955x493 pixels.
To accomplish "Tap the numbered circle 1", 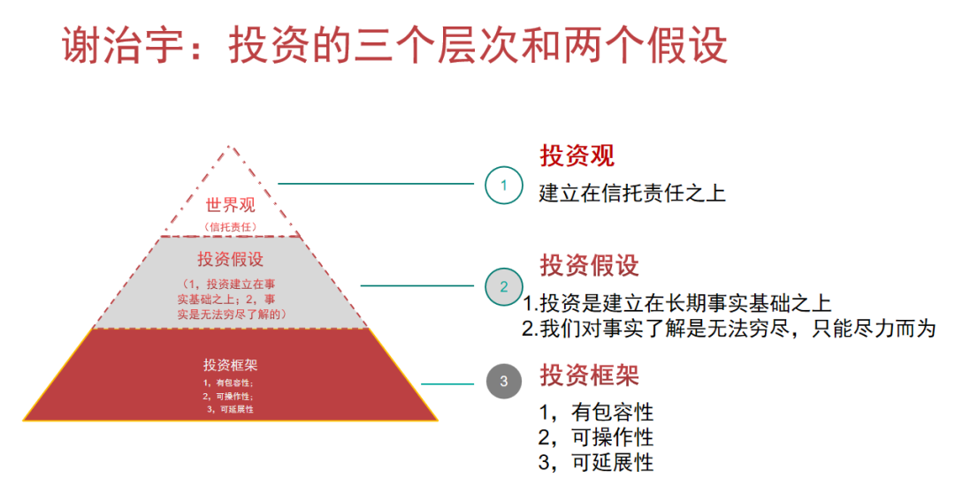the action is (x=503, y=186).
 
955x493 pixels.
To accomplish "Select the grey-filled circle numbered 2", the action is (x=503, y=286).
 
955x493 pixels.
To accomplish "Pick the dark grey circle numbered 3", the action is (x=503, y=382).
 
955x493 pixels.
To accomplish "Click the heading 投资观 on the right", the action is (x=577, y=156).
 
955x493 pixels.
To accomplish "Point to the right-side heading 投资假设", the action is (x=589, y=265).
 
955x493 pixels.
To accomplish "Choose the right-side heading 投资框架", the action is (x=589, y=375).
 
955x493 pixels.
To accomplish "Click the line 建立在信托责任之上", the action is (x=631, y=193).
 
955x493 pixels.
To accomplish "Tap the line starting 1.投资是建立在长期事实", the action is (x=676, y=304).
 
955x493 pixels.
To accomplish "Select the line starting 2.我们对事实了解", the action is (x=727, y=329).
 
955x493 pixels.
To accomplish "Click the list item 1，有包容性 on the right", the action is (x=596, y=412).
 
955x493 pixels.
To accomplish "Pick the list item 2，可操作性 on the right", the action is (x=596, y=437).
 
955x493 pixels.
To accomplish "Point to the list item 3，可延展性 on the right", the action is (x=596, y=462).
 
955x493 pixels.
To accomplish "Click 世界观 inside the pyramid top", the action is (x=230, y=206).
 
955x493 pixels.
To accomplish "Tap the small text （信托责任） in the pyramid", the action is (x=230, y=227).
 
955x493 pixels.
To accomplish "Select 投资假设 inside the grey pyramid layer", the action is (x=230, y=259).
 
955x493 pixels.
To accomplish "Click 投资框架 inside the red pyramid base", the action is (x=230, y=365).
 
